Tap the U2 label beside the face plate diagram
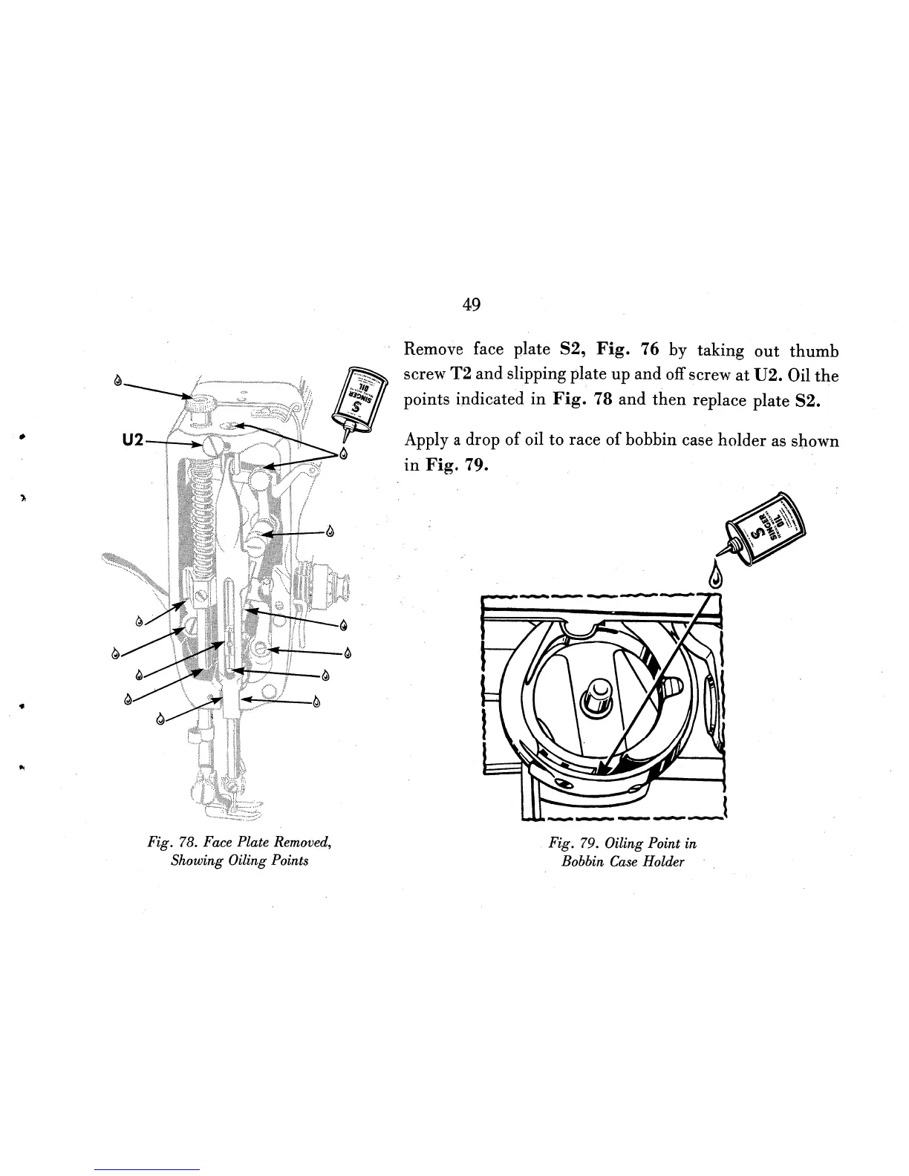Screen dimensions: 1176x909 (132, 440)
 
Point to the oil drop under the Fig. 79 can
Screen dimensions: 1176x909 (716, 576)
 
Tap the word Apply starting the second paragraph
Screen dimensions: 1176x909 (422, 442)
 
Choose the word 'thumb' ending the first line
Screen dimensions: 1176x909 (814, 350)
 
